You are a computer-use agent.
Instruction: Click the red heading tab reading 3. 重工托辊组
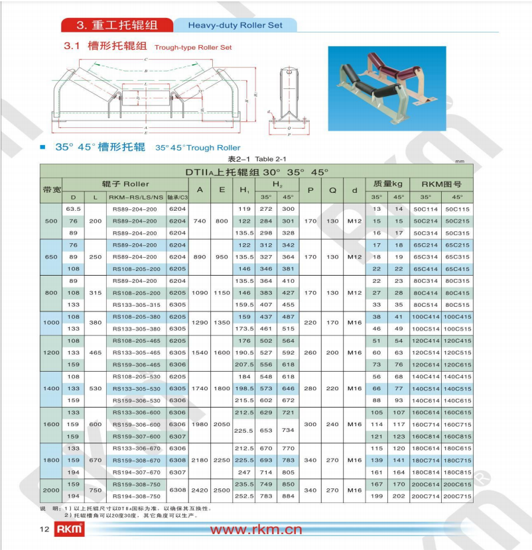[x=117, y=25]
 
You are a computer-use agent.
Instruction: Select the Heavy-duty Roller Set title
[x=235, y=25]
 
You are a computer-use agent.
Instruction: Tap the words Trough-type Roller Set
[x=193, y=48]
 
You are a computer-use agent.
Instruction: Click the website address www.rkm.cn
[x=256, y=529]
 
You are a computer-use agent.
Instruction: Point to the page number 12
[x=45, y=529]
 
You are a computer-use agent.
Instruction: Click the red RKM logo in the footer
[x=70, y=529]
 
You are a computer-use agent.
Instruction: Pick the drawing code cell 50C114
[x=425, y=209]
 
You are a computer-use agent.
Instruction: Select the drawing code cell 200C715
[x=458, y=496]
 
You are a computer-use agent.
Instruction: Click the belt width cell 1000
[x=51, y=322]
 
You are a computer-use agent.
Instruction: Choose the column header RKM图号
[x=441, y=184]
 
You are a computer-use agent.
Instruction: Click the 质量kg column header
[x=387, y=184]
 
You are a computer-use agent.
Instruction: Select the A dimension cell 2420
[x=199, y=490]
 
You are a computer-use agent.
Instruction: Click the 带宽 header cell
[x=51, y=190]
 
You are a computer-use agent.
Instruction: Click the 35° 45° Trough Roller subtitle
[x=198, y=147]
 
